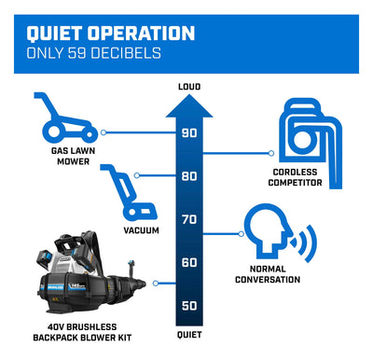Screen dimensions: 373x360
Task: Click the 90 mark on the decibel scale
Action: click(189, 133)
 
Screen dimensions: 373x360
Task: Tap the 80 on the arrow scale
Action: click(189, 176)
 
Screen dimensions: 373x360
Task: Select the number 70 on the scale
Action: click(189, 219)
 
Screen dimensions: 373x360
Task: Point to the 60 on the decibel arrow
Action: click(189, 263)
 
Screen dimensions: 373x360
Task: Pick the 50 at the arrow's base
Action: click(189, 306)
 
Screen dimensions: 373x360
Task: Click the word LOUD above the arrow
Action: click(189, 87)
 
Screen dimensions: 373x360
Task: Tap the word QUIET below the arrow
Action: click(189, 335)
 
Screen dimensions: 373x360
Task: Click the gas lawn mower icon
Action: click(65, 118)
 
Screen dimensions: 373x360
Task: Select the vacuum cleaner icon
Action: click(129, 193)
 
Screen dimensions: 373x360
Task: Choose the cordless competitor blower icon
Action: click(311, 143)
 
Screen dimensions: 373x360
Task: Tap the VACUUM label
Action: click(141, 230)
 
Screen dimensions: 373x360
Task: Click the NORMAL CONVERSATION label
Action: click(268, 274)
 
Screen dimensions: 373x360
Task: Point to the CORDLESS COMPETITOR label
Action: click(295, 177)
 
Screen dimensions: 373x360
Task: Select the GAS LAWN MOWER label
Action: click(74, 156)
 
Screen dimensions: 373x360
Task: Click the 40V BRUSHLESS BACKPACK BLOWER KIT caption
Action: click(82, 332)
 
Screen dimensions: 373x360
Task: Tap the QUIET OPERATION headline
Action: click(111, 34)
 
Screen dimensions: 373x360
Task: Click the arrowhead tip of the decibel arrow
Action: click(189, 95)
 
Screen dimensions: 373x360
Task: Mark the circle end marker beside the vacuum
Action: click(136, 175)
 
